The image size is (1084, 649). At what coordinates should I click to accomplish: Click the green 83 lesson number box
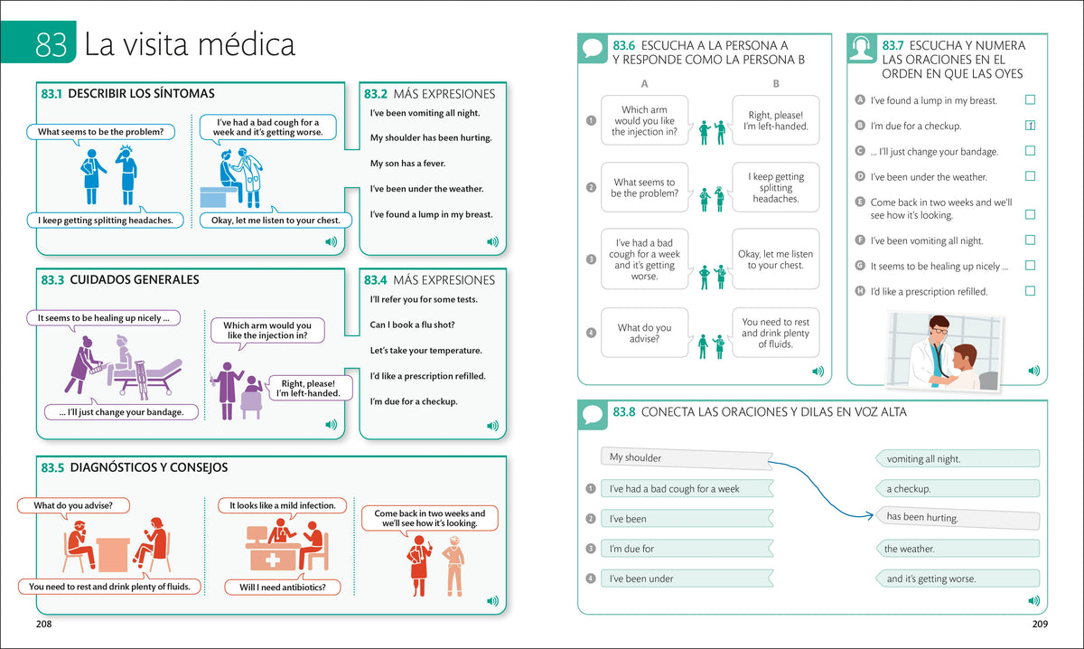(38, 42)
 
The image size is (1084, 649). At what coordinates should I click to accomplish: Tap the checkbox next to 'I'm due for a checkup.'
(1031, 126)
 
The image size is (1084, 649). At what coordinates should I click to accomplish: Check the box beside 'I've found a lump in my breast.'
(1031, 99)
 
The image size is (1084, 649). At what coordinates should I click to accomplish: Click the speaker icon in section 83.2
(492, 241)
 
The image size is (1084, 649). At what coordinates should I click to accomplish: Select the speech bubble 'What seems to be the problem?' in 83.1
(100, 132)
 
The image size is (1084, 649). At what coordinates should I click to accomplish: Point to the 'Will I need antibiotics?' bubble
(283, 587)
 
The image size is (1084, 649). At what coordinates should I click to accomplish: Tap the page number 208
(43, 624)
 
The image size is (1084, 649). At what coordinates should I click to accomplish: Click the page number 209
(1040, 624)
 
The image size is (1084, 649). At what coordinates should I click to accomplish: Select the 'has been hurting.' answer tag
(958, 517)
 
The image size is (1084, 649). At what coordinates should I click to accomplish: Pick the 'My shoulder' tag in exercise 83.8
(687, 458)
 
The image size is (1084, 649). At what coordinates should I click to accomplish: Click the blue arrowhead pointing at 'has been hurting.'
(870, 516)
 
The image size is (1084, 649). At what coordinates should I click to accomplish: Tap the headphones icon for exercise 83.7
(862, 48)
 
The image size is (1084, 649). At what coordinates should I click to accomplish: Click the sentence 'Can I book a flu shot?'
(412, 324)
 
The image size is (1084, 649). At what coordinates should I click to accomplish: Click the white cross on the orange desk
(273, 560)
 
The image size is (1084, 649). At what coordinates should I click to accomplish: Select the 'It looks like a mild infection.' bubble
(282, 505)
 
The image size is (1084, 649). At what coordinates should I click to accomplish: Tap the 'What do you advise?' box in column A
(645, 333)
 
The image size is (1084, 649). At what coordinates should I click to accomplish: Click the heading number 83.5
(52, 467)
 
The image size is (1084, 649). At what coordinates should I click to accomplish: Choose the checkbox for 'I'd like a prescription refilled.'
(1031, 290)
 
